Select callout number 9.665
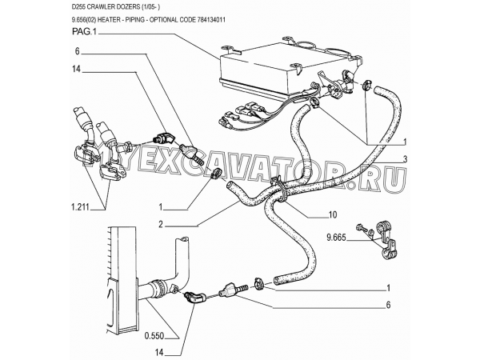click(339, 238)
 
